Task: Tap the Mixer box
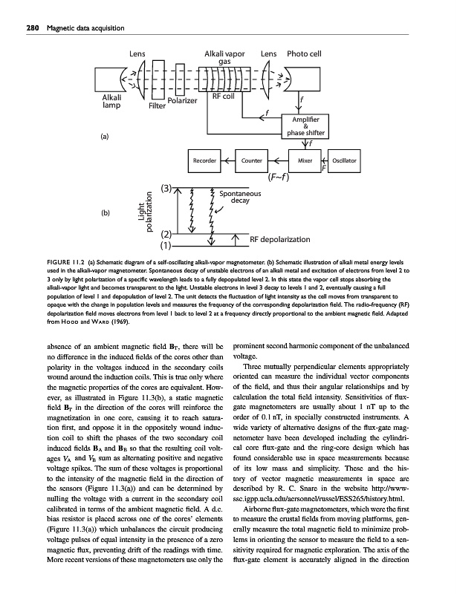pos(304,160)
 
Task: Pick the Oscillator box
pos(345,160)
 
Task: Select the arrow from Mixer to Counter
pos(276,160)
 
